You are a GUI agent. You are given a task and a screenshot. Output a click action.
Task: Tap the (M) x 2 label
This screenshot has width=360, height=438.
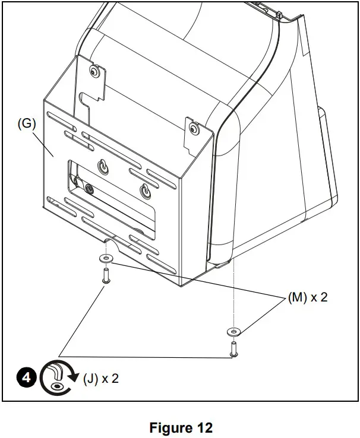[307, 298]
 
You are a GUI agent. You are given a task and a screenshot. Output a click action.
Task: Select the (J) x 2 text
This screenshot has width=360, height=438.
[100, 378]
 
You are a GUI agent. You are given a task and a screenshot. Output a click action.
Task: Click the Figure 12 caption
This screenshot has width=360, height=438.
[181, 427]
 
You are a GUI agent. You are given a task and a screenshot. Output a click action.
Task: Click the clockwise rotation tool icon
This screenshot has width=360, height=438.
[58, 379]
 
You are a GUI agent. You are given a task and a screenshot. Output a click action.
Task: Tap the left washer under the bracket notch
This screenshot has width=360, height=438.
[106, 258]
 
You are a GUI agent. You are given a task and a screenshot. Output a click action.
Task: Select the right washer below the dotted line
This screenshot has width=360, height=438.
[234, 330]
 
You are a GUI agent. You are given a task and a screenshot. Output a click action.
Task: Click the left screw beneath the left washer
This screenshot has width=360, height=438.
[106, 276]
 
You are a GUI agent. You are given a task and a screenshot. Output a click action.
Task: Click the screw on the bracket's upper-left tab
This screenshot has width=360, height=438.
[94, 72]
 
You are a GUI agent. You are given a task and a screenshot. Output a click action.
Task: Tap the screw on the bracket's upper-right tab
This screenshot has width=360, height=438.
[193, 128]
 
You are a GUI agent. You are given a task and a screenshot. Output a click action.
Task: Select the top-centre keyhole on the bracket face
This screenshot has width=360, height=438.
[105, 168]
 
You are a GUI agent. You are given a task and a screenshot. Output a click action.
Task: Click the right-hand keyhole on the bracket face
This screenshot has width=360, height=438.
[146, 191]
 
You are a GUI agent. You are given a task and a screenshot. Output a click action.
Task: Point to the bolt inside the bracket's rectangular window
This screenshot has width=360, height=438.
[90, 189]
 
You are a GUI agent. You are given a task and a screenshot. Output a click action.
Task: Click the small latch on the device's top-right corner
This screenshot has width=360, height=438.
[279, 12]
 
